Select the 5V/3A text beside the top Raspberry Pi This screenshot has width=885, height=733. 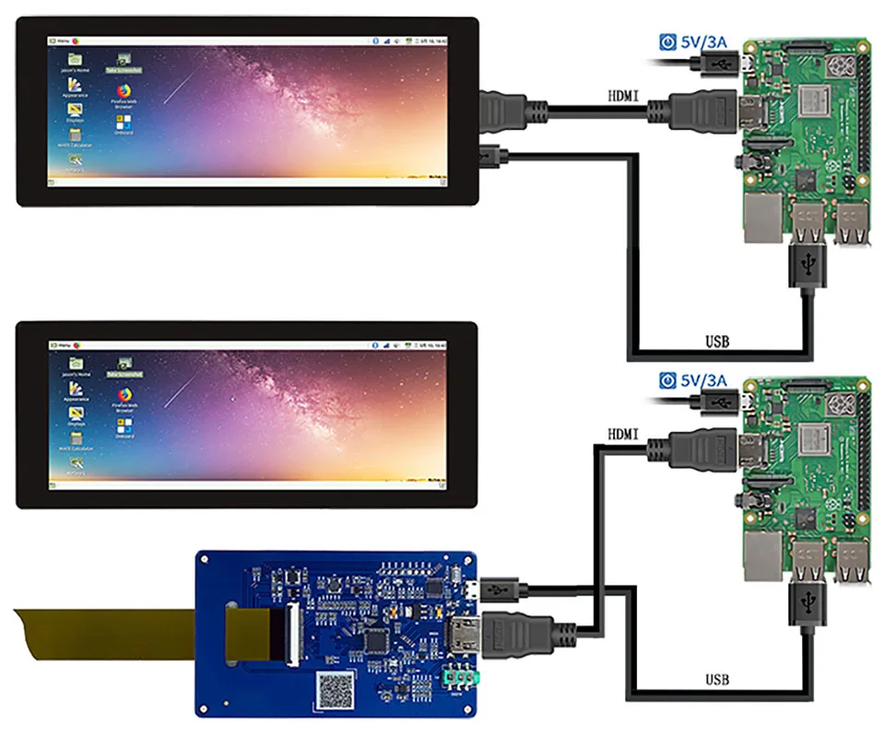click(704, 41)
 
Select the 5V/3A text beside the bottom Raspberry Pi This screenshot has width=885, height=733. click(704, 380)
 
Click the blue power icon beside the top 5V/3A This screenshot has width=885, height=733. click(667, 41)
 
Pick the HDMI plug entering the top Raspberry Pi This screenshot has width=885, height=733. click(701, 112)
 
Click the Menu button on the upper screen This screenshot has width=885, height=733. click(61, 41)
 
